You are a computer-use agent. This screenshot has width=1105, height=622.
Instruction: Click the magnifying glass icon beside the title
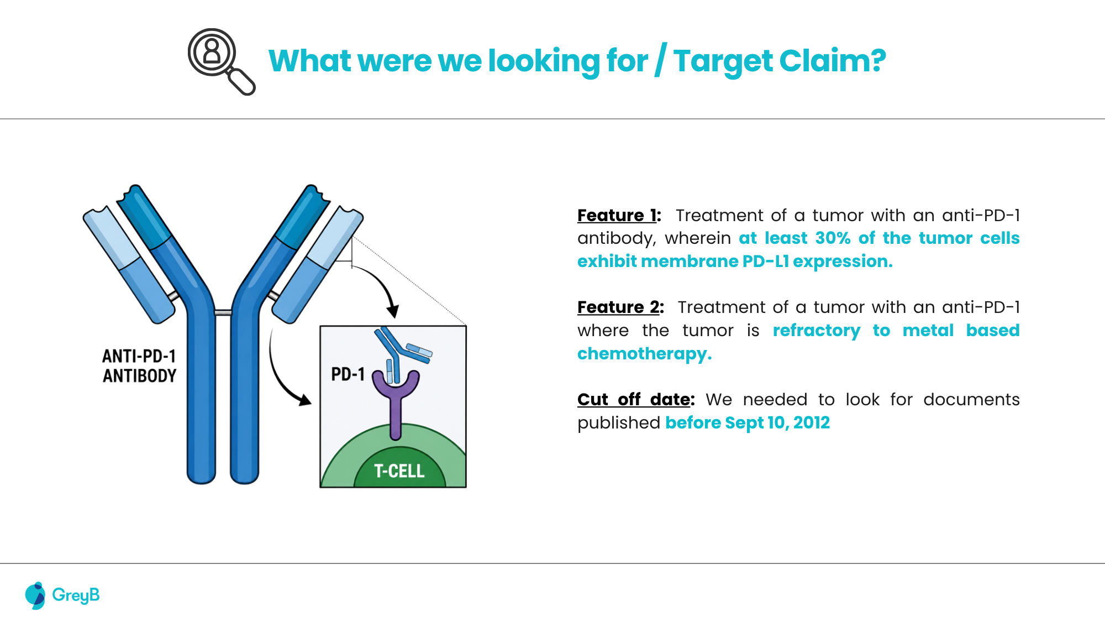221,61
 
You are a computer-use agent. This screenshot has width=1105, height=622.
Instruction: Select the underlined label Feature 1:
619,215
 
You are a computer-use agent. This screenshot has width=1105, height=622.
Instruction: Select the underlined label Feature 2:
620,307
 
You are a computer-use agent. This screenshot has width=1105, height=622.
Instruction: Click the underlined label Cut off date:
636,399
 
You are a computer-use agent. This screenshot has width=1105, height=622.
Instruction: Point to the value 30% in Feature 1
833,238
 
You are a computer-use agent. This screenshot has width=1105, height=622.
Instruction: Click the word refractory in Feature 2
817,331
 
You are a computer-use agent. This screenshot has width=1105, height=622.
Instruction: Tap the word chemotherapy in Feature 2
643,354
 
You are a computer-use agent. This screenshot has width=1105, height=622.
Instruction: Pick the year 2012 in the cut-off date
812,422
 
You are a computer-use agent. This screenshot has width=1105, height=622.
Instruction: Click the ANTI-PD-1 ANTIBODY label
139,365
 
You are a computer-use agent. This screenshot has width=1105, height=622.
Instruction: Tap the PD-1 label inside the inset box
348,374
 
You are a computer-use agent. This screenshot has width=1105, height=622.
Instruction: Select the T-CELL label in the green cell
399,471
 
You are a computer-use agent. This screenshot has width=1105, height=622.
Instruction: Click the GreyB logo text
76,595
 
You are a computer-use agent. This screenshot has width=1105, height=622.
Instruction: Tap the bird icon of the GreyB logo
35,595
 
